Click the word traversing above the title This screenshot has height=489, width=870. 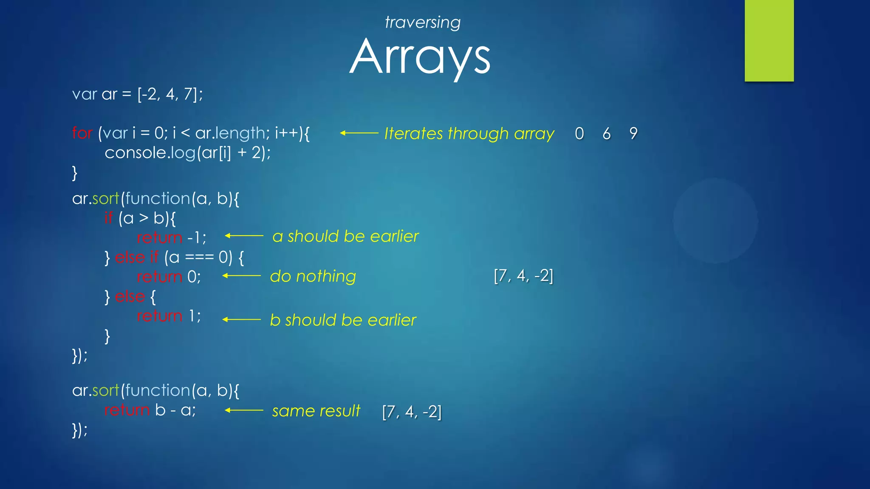pyautogui.click(x=422, y=22)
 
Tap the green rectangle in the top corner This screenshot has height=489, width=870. pyautogui.click(x=769, y=40)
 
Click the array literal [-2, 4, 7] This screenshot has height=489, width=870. pyautogui.click(x=169, y=94)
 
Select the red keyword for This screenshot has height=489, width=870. pyautogui.click(x=82, y=133)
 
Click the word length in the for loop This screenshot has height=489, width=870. pyautogui.click(x=240, y=133)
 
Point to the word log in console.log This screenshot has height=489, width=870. pyautogui.click(x=183, y=153)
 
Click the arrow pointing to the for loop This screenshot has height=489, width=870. pyautogui.click(x=359, y=133)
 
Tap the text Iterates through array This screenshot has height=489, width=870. pyautogui.click(x=469, y=134)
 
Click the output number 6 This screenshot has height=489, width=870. pyautogui.click(x=607, y=134)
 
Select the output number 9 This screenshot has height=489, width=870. pyautogui.click(x=633, y=134)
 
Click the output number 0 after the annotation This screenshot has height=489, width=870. pyautogui.click(x=579, y=134)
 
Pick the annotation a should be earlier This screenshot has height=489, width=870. pyautogui.click(x=345, y=236)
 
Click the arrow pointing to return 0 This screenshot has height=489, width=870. pyautogui.click(x=241, y=276)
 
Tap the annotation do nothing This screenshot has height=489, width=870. pyautogui.click(x=313, y=276)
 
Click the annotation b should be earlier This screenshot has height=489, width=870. pyautogui.click(x=343, y=320)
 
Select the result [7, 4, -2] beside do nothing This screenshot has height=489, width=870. pyautogui.click(x=523, y=276)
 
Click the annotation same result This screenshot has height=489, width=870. pyautogui.click(x=316, y=411)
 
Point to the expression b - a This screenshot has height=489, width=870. pyautogui.click(x=175, y=410)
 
